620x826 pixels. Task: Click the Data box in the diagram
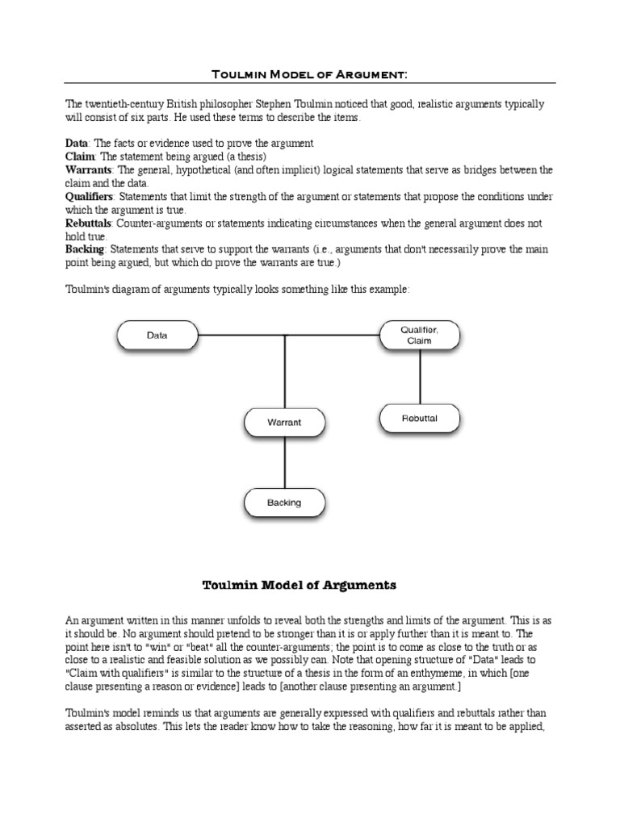[157, 335]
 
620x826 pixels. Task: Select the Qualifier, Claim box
[419, 335]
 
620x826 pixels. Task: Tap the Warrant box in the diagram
[284, 422]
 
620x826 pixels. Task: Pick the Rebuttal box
[419, 418]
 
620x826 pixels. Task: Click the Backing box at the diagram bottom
[284, 503]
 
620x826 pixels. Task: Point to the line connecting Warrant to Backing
[284, 462]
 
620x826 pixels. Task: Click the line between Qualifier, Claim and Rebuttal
[419, 377]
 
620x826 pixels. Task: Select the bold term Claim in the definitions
[80, 156]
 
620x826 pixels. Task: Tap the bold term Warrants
[90, 169]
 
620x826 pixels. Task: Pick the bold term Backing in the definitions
[85, 249]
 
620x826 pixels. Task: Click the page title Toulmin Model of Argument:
[309, 74]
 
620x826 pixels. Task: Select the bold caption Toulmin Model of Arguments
[298, 586]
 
